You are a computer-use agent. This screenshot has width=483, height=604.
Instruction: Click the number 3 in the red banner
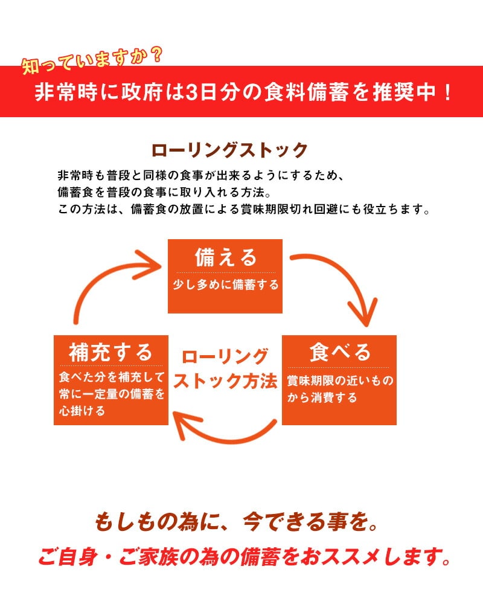pyautogui.click(x=193, y=93)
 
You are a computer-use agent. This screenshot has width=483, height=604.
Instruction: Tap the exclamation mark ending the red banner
pyautogui.click(x=447, y=93)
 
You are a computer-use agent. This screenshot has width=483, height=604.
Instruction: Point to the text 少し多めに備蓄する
pyautogui.click(x=225, y=285)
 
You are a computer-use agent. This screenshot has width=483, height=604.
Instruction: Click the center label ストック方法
pyautogui.click(x=225, y=382)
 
